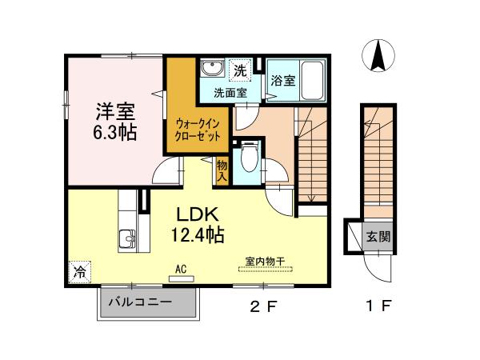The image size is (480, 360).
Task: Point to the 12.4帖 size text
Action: coord(195,235)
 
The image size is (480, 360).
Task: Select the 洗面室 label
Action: coord(230,93)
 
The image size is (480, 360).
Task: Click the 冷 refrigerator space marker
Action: coord(79,271)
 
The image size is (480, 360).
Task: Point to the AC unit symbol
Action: coord(181,278)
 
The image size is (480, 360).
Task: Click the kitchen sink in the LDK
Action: coord(127,239)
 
